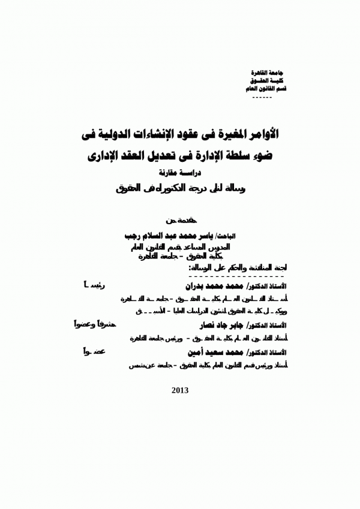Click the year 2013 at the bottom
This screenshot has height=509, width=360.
(180, 390)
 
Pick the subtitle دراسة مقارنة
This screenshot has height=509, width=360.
(180, 176)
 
